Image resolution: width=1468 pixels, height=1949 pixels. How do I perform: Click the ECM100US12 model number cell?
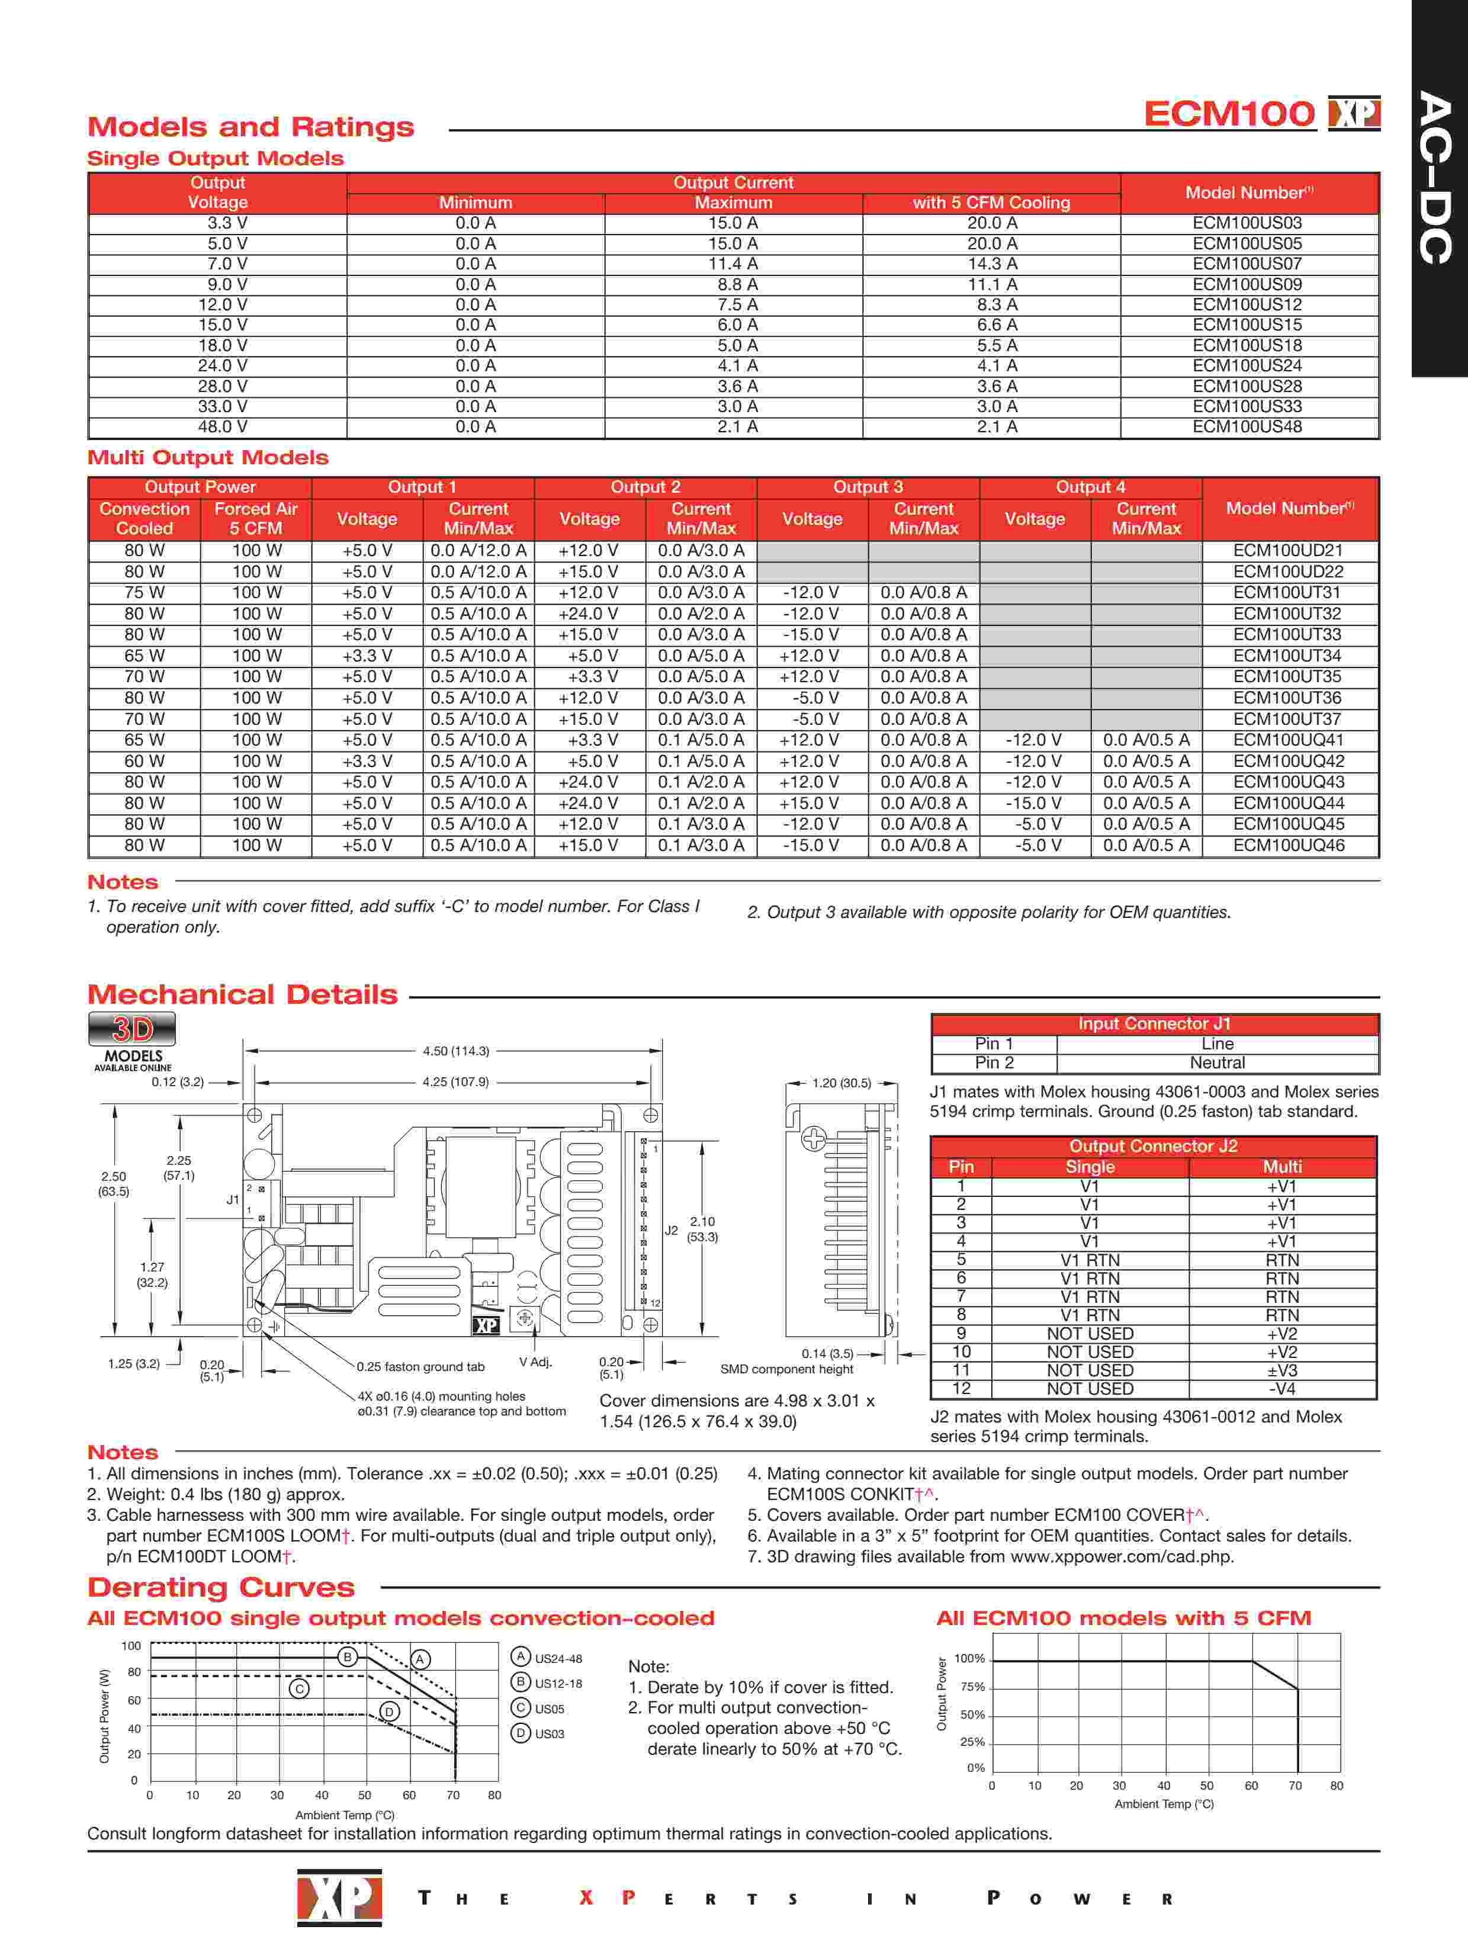click(1247, 305)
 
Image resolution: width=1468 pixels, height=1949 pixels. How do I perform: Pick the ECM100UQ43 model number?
click(1288, 782)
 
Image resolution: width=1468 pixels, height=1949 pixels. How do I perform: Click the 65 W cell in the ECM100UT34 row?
click(144, 656)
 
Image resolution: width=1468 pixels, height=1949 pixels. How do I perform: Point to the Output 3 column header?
click(868, 487)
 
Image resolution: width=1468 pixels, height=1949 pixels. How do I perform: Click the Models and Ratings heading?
click(251, 127)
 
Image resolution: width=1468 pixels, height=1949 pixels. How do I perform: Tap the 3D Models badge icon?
click(132, 1029)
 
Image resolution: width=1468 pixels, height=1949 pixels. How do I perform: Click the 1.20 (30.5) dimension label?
click(841, 1083)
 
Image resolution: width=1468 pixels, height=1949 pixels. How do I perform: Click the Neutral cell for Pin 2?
click(1217, 1062)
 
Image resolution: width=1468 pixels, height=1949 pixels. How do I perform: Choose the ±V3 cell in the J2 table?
click(1282, 1370)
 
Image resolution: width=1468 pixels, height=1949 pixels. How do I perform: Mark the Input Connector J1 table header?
click(1154, 1024)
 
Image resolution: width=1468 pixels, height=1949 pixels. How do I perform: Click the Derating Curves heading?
click(221, 1588)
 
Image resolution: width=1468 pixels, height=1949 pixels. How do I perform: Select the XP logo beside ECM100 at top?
click(1354, 113)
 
